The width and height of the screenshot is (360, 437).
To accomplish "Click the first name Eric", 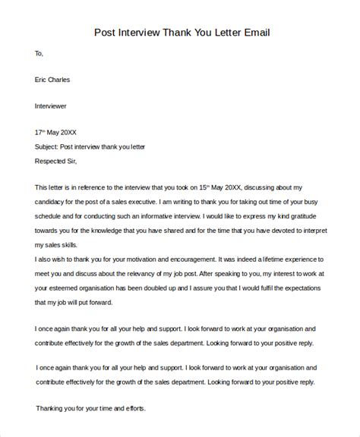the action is [x=43, y=79].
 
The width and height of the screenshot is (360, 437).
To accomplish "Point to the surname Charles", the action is [x=66, y=79].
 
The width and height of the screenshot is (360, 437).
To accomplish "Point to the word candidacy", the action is [x=57, y=200].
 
